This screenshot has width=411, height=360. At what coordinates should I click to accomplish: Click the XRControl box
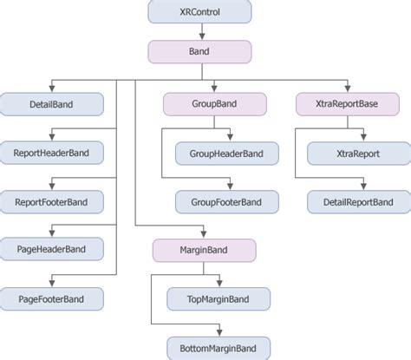pos(200,13)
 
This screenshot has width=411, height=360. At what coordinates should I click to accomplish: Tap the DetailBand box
pos(51,106)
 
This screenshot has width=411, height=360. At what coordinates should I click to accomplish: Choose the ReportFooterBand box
pos(51,202)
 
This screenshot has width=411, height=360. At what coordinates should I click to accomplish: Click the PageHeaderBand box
pos(51,251)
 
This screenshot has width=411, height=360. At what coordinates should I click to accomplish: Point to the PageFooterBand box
pos(51,299)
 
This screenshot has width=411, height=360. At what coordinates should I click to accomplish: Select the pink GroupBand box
pos(214,106)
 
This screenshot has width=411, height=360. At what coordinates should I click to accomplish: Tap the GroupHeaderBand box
pos(219,154)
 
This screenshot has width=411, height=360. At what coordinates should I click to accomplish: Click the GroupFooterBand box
pos(219,202)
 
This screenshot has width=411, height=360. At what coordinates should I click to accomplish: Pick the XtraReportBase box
pos(347,106)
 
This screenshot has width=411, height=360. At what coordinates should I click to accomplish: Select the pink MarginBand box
pos(205,251)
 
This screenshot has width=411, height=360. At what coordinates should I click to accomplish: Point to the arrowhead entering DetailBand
pos(51,90)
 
